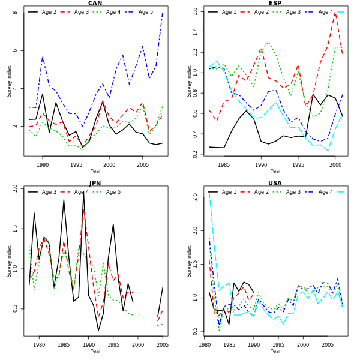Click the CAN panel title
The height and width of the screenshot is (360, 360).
click(x=95, y=4)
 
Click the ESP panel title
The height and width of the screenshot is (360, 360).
click(x=275, y=4)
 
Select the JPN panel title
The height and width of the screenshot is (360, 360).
click(x=95, y=184)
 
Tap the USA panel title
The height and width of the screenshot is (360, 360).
click(x=275, y=184)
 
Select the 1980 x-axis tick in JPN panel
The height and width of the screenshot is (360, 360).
click(x=39, y=344)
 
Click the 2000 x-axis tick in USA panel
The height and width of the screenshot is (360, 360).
click(x=303, y=344)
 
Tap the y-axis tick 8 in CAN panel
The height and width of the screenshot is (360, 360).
click(x=15, y=13)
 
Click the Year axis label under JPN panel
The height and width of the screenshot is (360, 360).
click(x=95, y=351)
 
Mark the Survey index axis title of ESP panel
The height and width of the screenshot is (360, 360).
click(x=190, y=81)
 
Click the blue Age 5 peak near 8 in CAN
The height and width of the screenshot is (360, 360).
click(x=162, y=13)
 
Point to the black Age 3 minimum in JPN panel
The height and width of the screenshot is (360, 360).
click(x=98, y=331)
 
